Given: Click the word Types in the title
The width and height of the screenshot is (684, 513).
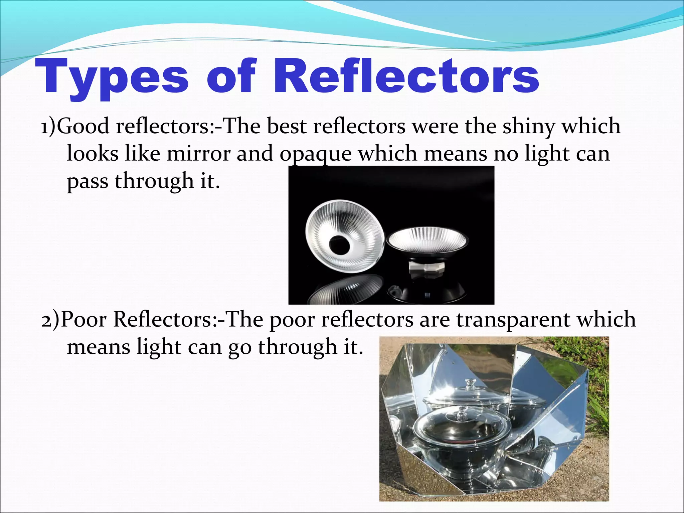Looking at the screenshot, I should [112, 77].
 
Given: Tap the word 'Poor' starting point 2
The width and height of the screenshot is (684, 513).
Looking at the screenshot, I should [84, 319].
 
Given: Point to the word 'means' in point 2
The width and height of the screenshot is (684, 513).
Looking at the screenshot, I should [98, 347].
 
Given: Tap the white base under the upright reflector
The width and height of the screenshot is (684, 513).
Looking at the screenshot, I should [423, 269].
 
